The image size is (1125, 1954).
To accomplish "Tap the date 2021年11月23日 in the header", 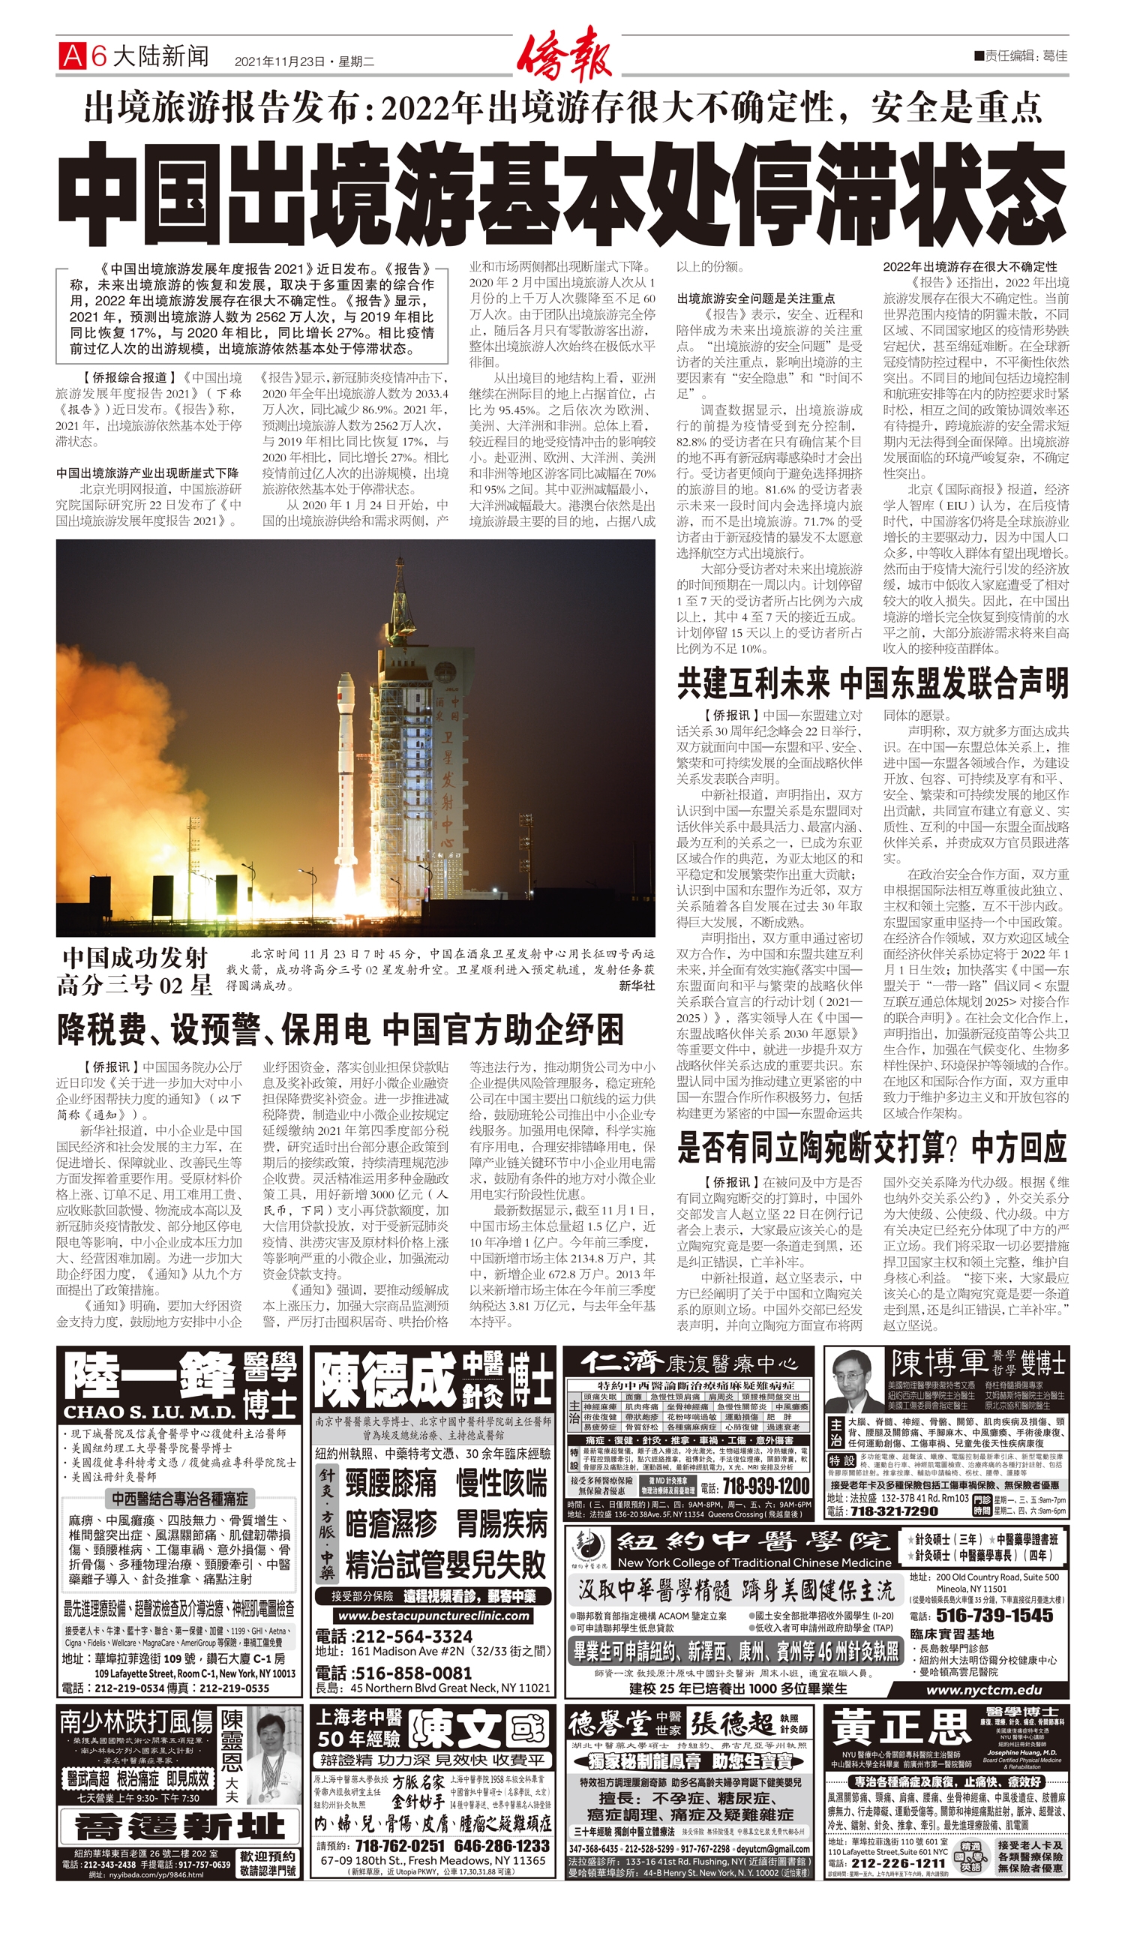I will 280,61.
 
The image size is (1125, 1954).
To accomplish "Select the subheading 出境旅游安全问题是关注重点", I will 756,299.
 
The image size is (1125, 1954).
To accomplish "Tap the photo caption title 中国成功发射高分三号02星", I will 135,971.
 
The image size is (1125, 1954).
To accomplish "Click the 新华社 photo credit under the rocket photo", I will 637,986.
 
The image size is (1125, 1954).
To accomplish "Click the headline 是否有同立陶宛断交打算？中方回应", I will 871,1148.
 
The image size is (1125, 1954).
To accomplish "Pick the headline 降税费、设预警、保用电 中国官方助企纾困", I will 340,1030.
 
